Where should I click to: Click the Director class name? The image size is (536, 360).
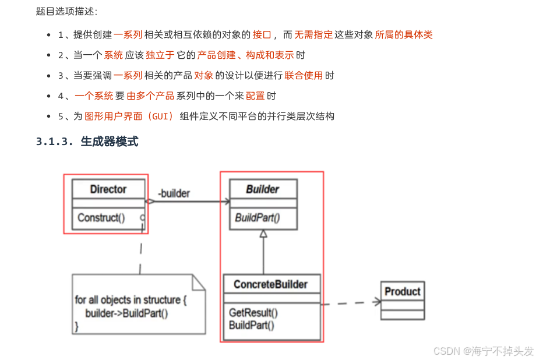[108, 189]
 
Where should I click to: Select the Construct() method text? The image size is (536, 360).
[101, 218]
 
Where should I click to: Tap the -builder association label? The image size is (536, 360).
[174, 193]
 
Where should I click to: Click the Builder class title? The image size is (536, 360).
[262, 189]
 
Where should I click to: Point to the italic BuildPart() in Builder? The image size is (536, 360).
[258, 218]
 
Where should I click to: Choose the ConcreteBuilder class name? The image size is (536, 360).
[270, 285]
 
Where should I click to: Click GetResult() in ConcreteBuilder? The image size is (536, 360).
[253, 313]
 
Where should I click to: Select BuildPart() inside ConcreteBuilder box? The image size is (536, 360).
[252, 325]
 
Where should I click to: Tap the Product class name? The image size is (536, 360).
[403, 291]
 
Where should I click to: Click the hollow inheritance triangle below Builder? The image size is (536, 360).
[263, 234]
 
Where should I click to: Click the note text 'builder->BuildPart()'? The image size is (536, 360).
[126, 313]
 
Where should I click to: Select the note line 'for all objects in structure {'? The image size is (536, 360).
[131, 300]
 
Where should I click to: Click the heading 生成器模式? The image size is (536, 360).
[110, 142]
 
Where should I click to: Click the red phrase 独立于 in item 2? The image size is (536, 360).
[160, 55]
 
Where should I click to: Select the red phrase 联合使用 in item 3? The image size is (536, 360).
[304, 76]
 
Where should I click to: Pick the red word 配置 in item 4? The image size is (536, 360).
[255, 96]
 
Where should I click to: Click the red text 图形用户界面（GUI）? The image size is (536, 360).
[129, 116]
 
